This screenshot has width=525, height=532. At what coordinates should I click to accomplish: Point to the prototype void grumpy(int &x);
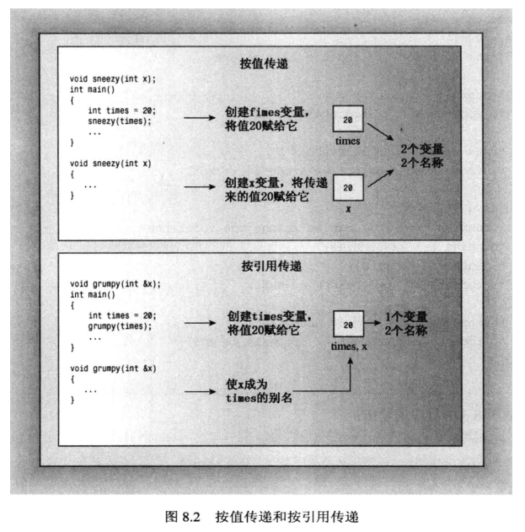click(115, 283)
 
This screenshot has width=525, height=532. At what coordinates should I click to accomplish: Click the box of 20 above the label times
click(347, 120)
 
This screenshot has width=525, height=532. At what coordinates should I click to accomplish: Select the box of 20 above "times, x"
click(348, 325)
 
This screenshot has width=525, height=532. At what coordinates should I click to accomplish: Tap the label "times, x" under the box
click(347, 347)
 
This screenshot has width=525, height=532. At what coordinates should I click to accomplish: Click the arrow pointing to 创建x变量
click(201, 187)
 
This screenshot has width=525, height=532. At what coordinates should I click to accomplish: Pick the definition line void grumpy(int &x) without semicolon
click(113, 368)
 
